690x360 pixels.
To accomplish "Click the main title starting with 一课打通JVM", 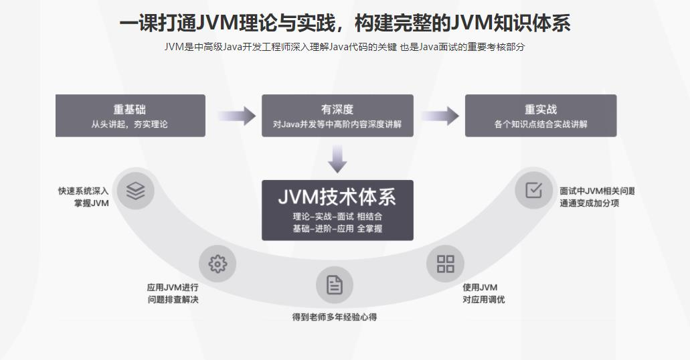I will (x=345, y=23).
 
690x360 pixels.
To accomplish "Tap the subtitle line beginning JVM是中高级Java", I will (x=345, y=47).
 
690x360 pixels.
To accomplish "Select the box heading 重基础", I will (x=129, y=109).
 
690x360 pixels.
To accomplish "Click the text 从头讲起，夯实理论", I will (x=129, y=124).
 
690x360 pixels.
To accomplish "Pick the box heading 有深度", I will (x=337, y=109).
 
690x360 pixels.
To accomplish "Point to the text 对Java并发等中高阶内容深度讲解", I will (x=337, y=124).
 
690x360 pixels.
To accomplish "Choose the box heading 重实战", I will (x=541, y=109).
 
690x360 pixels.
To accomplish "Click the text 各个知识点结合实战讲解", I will (x=541, y=124).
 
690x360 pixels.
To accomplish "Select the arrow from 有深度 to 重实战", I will (x=440, y=116).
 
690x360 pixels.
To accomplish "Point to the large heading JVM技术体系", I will (x=337, y=197).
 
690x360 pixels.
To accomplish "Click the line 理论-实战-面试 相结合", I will (x=337, y=217).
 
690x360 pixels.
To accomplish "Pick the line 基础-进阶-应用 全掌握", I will (x=337, y=229).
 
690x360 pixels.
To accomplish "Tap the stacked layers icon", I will (x=136, y=191).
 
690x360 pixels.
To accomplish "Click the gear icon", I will (x=218, y=264).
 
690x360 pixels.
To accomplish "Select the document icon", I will (x=334, y=286).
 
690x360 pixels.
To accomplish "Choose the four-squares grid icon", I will (x=445, y=264).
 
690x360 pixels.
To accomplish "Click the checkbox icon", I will (x=533, y=191).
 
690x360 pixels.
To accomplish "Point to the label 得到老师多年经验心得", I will (x=334, y=317).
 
